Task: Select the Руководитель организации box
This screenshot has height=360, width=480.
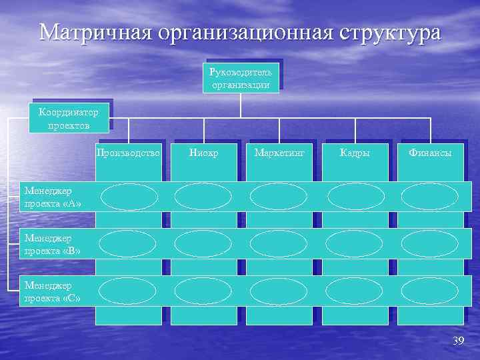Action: pos(241,77)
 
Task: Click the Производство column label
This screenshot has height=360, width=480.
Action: pos(129,153)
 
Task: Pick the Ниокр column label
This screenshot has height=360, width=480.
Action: pos(203,153)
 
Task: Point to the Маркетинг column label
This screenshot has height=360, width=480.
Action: pos(279,153)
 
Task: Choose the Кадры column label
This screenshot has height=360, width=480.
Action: pos(355,153)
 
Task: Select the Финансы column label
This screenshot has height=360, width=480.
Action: pos(430,153)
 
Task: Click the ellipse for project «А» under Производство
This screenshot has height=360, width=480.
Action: pos(129,197)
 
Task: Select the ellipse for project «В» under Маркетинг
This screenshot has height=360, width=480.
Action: pos(279,244)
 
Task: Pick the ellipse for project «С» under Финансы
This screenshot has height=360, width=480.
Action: pos(430,291)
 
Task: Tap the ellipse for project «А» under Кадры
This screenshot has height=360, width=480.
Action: pos(356,197)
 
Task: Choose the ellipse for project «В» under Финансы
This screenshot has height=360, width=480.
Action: pos(430,244)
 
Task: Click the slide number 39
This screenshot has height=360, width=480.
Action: pos(457,342)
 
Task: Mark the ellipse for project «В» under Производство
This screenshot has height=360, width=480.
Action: pos(129,244)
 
